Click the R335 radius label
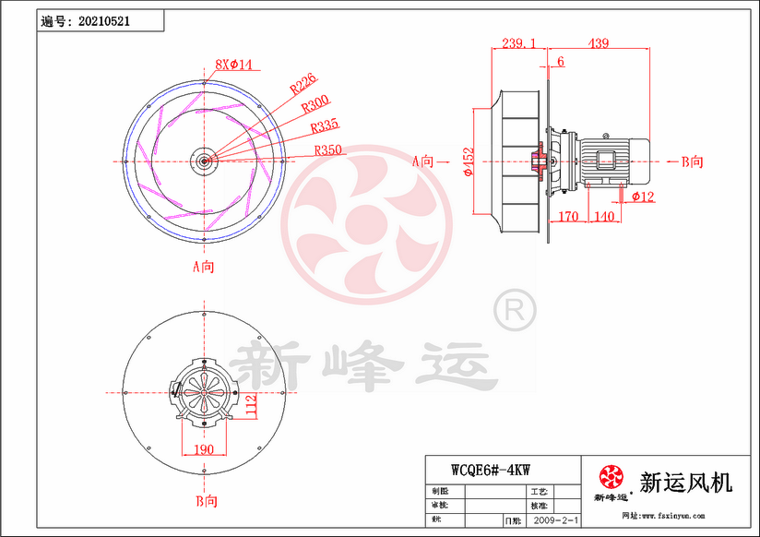[x=324, y=126]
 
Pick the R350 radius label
[x=329, y=149]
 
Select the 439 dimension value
[x=599, y=43]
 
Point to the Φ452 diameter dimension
[x=469, y=161]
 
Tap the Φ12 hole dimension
[x=643, y=197]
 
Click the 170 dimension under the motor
[x=568, y=217]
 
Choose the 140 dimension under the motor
[x=604, y=217]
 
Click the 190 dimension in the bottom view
[x=204, y=449]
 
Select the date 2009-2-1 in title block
[x=557, y=521]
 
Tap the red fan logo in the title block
[x=611, y=477]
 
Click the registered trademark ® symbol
[x=515, y=311]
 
